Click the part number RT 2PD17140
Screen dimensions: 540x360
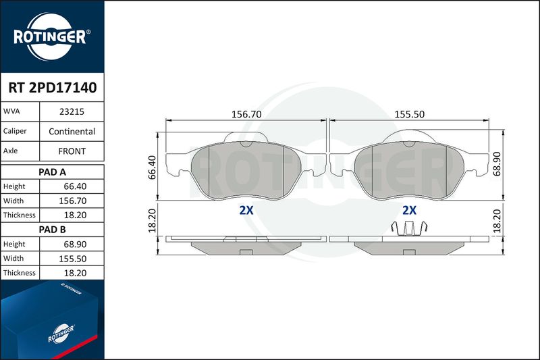(x=53, y=88)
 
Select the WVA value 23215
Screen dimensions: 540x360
(x=72, y=111)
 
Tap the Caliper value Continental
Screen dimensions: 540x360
(x=72, y=131)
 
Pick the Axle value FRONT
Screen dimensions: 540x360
(x=72, y=151)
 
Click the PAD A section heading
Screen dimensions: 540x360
(x=53, y=172)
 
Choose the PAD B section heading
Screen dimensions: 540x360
(x=53, y=230)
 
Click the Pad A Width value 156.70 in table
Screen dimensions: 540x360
(x=73, y=201)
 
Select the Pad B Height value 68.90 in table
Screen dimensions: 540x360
(x=75, y=245)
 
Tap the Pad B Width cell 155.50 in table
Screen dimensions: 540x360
(x=73, y=259)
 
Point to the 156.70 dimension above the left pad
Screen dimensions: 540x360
(x=246, y=114)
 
